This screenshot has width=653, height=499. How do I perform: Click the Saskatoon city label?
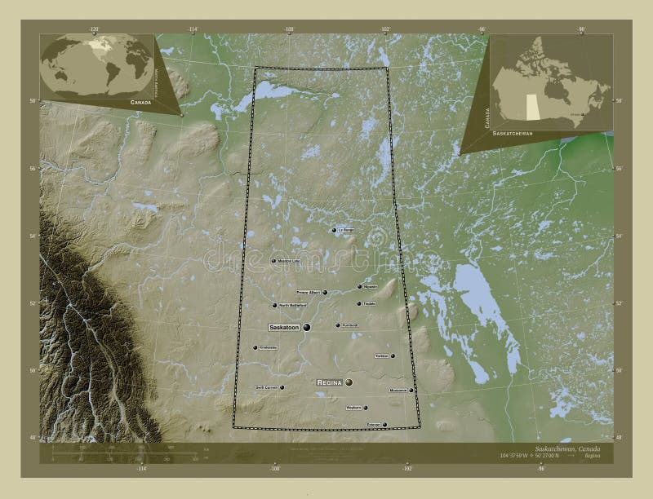[x=285, y=327]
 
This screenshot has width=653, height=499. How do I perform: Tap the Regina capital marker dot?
[x=349, y=382]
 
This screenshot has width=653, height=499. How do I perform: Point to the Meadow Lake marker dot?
[x=273, y=261]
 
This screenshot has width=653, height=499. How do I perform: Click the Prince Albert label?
[x=309, y=292]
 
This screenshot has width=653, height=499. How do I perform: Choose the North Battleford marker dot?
[x=274, y=306]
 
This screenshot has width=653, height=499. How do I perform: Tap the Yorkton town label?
[x=381, y=356]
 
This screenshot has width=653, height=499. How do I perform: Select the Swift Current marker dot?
[x=283, y=388]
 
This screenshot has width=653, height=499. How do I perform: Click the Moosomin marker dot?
[x=411, y=391]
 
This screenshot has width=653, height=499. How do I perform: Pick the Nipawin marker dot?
[x=359, y=287]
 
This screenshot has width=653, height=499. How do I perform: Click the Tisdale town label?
[x=369, y=304]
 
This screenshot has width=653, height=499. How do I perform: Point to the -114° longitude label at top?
[x=193, y=30]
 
